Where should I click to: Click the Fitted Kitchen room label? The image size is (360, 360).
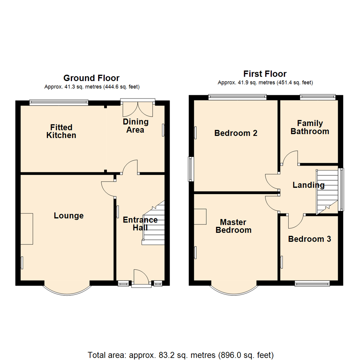pyautogui.click(x=61, y=131)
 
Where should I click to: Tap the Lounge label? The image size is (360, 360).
pyautogui.click(x=69, y=216)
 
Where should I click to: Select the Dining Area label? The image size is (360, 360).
pyautogui.click(x=135, y=126)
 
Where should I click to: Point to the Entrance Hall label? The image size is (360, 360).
pyautogui.click(x=140, y=224)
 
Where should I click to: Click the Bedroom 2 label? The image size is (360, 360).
pyautogui.click(x=236, y=133)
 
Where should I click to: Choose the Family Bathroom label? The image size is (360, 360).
pyautogui.click(x=310, y=127)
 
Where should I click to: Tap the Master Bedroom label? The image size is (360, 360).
pyautogui.click(x=233, y=226)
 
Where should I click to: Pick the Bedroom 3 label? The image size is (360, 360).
pyautogui.click(x=309, y=239)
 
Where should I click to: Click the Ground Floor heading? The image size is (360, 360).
pyautogui.click(x=91, y=78)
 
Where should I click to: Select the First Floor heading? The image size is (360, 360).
pyautogui.click(x=265, y=74)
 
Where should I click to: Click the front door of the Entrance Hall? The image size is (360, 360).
pyautogui.click(x=141, y=277)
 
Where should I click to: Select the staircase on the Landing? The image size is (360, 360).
pyautogui.click(x=327, y=191)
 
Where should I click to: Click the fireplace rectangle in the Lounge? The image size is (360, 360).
pyautogui.click(x=27, y=229)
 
